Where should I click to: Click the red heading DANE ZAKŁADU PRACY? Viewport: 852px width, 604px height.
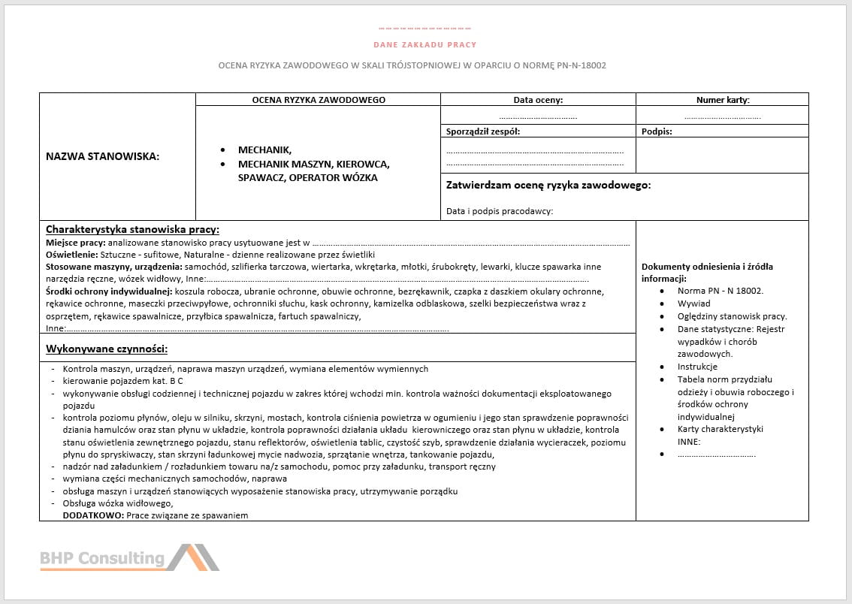pos(424,45)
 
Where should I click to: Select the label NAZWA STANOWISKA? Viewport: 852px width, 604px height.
pos(102,156)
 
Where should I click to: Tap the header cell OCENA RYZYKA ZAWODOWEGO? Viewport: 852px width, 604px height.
pos(319,99)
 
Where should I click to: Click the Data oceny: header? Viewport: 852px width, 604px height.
pos(538,99)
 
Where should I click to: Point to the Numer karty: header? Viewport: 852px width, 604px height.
pos(722,99)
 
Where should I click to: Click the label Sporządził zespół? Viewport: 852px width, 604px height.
pos(483,131)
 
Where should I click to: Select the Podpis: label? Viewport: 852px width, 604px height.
pos(657,131)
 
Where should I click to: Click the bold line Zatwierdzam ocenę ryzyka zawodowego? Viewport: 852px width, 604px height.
pos(548,185)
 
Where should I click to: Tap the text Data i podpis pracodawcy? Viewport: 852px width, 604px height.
pos(500,211)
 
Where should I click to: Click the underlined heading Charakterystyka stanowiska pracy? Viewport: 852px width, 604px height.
pos(132,229)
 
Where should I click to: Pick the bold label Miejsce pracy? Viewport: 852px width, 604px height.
pos(75,243)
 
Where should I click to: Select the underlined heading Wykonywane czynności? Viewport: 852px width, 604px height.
pos(106,349)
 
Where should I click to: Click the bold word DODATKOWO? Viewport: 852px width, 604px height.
pos(93,515)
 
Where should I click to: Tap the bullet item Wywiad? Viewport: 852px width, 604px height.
pos(693,304)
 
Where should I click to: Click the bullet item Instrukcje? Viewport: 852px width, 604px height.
pos(697,367)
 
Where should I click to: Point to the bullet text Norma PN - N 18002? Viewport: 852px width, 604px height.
pos(720,291)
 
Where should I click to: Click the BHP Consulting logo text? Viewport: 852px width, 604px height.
pos(102,558)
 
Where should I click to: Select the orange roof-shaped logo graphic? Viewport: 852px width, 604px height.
pos(192,557)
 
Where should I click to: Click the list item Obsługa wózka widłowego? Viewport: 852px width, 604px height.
pos(118,503)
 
